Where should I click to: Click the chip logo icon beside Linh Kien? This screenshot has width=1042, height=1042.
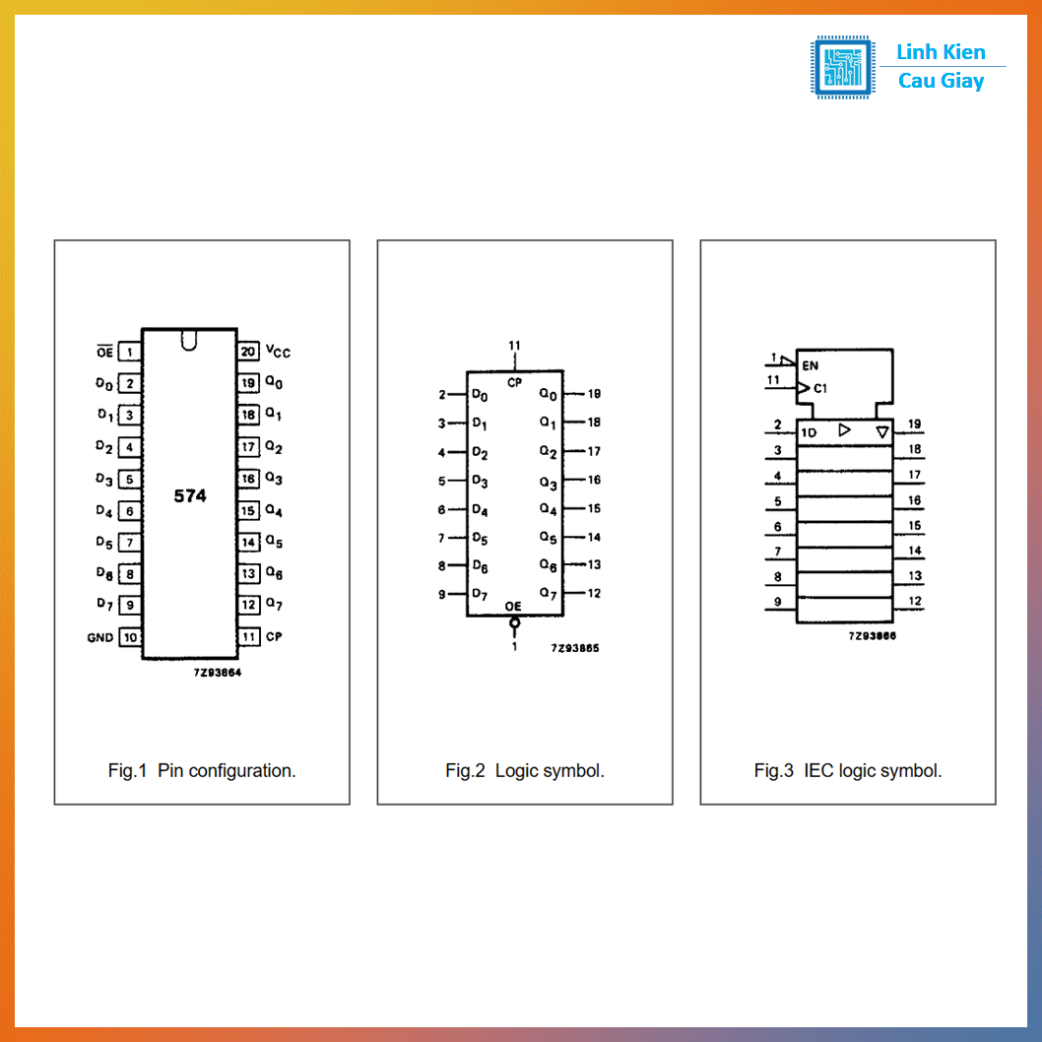coord(842,67)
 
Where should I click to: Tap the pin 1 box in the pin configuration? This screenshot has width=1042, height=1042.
coord(130,352)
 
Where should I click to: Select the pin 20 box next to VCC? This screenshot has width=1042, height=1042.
coord(248,351)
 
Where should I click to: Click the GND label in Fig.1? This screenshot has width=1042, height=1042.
coord(99,637)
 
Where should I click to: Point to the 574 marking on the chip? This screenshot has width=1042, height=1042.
coord(190,495)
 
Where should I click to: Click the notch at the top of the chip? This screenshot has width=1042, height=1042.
coord(189,340)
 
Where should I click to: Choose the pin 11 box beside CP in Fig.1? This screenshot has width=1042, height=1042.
coord(248,636)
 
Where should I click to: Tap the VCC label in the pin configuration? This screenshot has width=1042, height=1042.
coord(278,351)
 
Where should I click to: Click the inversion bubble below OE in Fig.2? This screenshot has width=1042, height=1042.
coord(514,622)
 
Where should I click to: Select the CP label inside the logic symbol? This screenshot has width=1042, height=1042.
coord(514,382)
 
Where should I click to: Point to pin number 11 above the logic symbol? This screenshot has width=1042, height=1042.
coord(514,346)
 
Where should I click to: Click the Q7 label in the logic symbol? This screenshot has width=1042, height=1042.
coord(549,594)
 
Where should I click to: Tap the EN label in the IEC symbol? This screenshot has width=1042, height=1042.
coord(811,365)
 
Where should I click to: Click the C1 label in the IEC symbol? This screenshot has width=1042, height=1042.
coord(820,388)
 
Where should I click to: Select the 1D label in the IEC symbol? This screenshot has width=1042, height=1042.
coord(808,432)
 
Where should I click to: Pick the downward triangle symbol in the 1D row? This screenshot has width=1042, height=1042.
coord(881,432)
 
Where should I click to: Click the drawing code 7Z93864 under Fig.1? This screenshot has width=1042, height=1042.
coord(218,673)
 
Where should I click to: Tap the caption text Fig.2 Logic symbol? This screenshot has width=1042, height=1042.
coord(525,771)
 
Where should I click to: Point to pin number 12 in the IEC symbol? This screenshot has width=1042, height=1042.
coord(915,601)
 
